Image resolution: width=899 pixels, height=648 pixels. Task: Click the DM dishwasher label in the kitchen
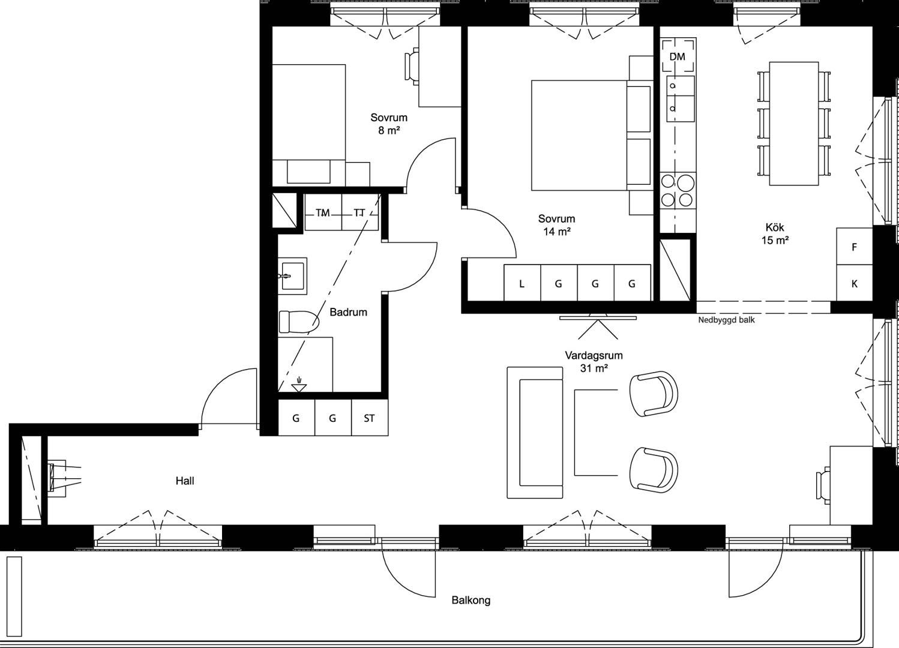point(678,57)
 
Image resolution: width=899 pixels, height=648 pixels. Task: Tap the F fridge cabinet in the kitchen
point(855,247)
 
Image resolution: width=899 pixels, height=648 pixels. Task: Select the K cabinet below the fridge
point(855,283)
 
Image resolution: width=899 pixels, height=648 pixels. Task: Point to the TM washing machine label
point(323,212)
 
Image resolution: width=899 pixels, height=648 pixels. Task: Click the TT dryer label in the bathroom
point(359,212)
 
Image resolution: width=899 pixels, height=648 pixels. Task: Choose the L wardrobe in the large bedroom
point(522,283)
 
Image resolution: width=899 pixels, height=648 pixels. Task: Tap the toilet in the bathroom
point(299,322)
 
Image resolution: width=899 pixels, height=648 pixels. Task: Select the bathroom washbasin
point(293,276)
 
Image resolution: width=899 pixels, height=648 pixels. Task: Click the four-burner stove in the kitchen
point(678,191)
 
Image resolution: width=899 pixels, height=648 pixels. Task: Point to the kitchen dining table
point(794,124)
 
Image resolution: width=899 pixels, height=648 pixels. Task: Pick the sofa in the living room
point(535,433)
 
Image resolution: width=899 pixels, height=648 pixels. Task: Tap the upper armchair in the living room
point(654,394)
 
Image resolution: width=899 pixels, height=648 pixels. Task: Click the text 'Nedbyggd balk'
point(726,320)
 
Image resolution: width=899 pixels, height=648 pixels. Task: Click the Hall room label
point(185,481)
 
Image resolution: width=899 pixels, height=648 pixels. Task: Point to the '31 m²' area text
point(594,368)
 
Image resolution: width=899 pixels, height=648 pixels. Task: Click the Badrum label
point(348,312)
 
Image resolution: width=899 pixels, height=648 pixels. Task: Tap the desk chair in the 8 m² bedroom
point(412,66)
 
